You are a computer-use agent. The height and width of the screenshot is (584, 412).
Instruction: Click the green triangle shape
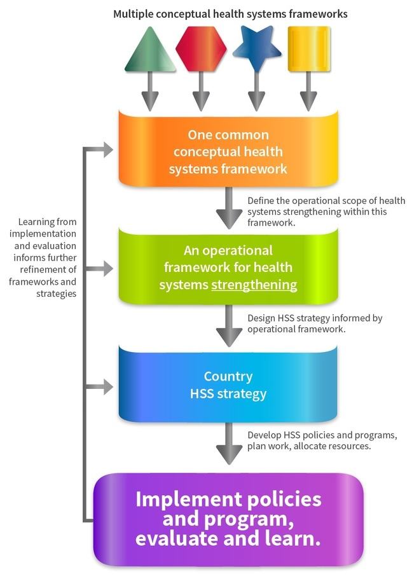coord(150,51)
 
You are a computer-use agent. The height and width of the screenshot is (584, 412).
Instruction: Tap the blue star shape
coord(256,49)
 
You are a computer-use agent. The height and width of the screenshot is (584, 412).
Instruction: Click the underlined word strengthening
coord(254,285)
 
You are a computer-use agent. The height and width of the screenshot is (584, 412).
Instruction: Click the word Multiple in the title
coord(134,13)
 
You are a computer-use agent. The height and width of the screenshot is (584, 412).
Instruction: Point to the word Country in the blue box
coord(228,376)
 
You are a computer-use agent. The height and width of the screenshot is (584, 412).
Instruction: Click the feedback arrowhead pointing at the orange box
coord(106,151)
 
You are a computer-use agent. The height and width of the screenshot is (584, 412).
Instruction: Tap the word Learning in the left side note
coord(39,222)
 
